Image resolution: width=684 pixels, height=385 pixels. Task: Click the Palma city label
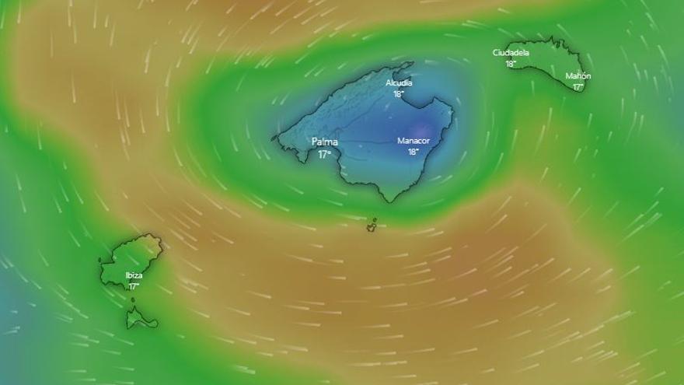(x=325, y=142)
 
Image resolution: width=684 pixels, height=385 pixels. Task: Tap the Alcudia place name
(x=399, y=82)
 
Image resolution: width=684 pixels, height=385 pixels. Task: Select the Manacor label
(x=413, y=141)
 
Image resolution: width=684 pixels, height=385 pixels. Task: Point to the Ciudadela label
(x=511, y=53)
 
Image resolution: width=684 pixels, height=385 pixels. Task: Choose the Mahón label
(x=578, y=76)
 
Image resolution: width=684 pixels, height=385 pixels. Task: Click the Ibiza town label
(x=134, y=275)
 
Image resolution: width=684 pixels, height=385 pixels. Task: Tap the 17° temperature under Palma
(x=324, y=154)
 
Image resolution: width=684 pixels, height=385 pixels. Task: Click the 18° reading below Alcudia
(x=399, y=94)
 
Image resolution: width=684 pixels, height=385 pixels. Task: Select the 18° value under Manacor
(x=413, y=152)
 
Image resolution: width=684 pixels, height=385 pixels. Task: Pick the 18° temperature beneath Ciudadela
(x=511, y=64)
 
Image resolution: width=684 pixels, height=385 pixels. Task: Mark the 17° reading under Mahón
(x=578, y=87)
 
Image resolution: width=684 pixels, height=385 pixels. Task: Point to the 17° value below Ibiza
(x=134, y=286)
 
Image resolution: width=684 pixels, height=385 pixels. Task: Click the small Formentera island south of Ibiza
(x=140, y=318)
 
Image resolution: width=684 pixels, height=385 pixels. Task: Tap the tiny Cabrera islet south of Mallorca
(x=372, y=226)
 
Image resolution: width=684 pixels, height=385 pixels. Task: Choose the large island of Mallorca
(x=365, y=132)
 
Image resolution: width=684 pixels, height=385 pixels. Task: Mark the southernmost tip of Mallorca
(x=383, y=200)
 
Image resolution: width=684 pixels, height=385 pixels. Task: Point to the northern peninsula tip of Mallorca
(x=411, y=64)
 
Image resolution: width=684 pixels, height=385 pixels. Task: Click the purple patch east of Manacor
(x=423, y=128)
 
